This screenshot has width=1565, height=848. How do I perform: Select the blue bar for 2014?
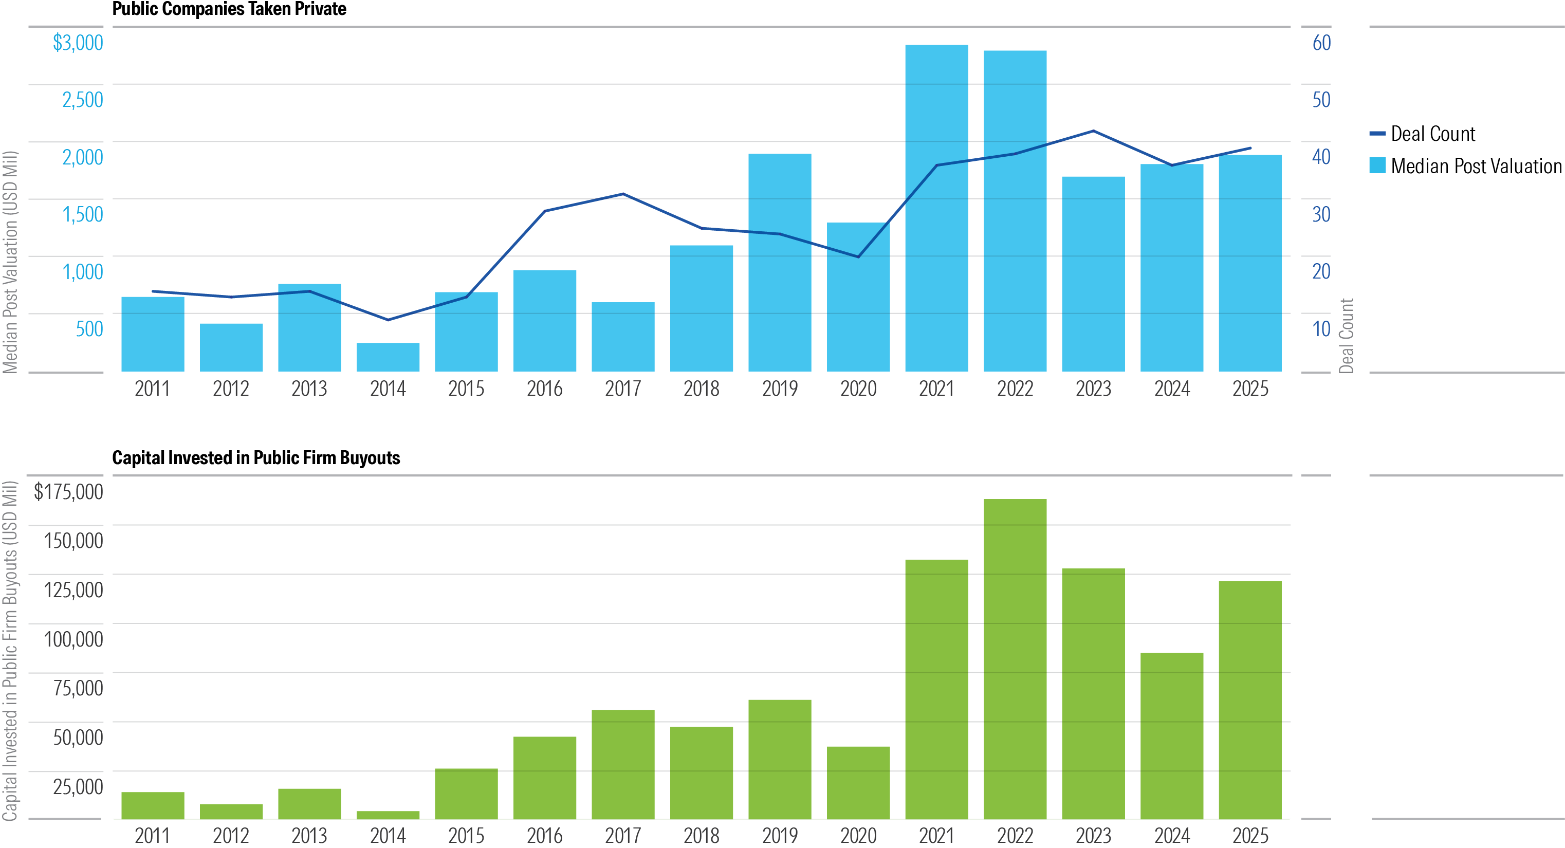[x=388, y=357]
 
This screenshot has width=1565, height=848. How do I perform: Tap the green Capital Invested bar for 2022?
[x=1015, y=659]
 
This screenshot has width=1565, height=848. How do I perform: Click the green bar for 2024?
[x=1171, y=735]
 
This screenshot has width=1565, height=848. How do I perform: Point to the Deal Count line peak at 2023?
[x=1093, y=131]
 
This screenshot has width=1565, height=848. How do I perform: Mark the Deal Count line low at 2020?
[x=858, y=257]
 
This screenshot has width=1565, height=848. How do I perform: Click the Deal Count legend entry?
[x=1422, y=134]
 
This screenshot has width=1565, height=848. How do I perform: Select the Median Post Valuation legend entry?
[x=1464, y=166]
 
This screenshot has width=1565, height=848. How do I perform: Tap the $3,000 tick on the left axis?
[x=78, y=43]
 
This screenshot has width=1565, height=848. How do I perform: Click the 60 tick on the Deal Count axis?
[x=1321, y=43]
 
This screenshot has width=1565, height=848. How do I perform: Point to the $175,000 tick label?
[x=68, y=491]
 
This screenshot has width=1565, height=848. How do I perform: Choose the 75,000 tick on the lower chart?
[x=78, y=688]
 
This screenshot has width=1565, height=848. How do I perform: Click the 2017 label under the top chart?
[x=623, y=389]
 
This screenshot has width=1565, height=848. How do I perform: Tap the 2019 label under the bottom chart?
[x=780, y=836]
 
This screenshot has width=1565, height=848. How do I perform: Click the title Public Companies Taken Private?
[x=229, y=9]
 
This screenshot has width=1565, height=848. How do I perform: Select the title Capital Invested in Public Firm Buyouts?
[x=256, y=457]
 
